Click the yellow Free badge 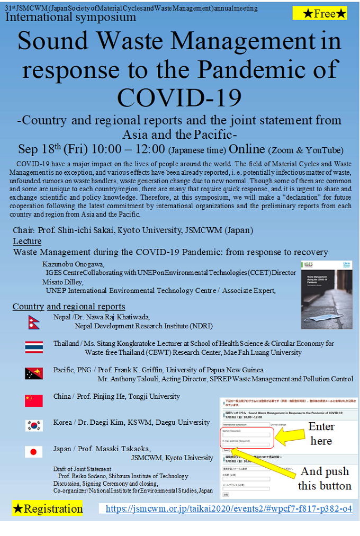click(x=320, y=13)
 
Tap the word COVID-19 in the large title click(x=179, y=97)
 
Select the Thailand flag click(x=34, y=347)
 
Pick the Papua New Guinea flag click(x=34, y=374)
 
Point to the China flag click(x=34, y=400)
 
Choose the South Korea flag click(x=34, y=425)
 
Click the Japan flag click(x=34, y=452)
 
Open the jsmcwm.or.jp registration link click(x=229, y=509)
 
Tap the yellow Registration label click(x=48, y=509)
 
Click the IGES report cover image click(x=326, y=294)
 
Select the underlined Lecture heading click(x=27, y=242)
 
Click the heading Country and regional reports click(x=69, y=307)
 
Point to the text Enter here click(x=321, y=433)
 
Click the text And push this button click(x=324, y=479)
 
